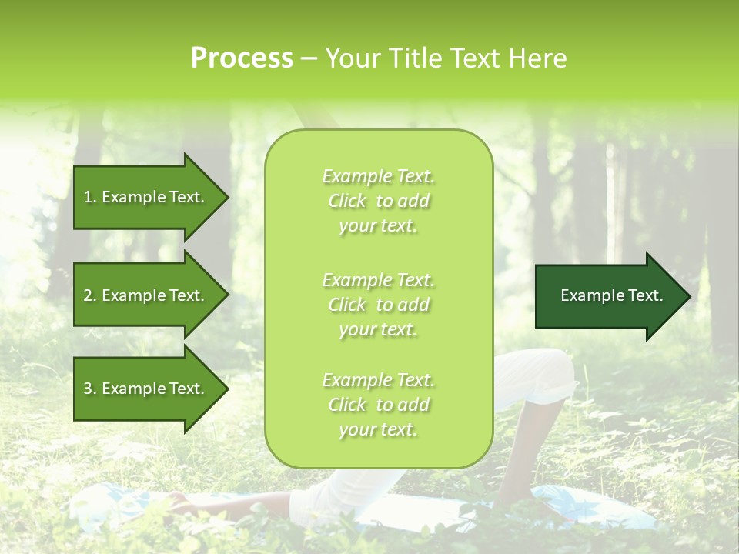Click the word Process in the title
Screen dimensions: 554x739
pyautogui.click(x=242, y=58)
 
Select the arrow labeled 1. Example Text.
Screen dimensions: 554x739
pyautogui.click(x=146, y=197)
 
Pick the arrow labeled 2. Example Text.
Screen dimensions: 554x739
pyautogui.click(x=146, y=295)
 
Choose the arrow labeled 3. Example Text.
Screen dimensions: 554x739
pyautogui.click(x=146, y=389)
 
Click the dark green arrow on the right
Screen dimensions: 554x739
pyautogui.click(x=608, y=296)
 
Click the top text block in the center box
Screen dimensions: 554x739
pyautogui.click(x=379, y=201)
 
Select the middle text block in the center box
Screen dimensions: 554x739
pyautogui.click(x=379, y=305)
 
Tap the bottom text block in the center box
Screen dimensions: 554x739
pyautogui.click(x=379, y=405)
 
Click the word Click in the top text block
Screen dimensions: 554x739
pyautogui.click(x=347, y=201)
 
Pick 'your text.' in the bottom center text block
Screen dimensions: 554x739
pyautogui.click(x=378, y=429)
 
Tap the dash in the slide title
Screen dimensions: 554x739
pyautogui.click(x=309, y=59)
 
